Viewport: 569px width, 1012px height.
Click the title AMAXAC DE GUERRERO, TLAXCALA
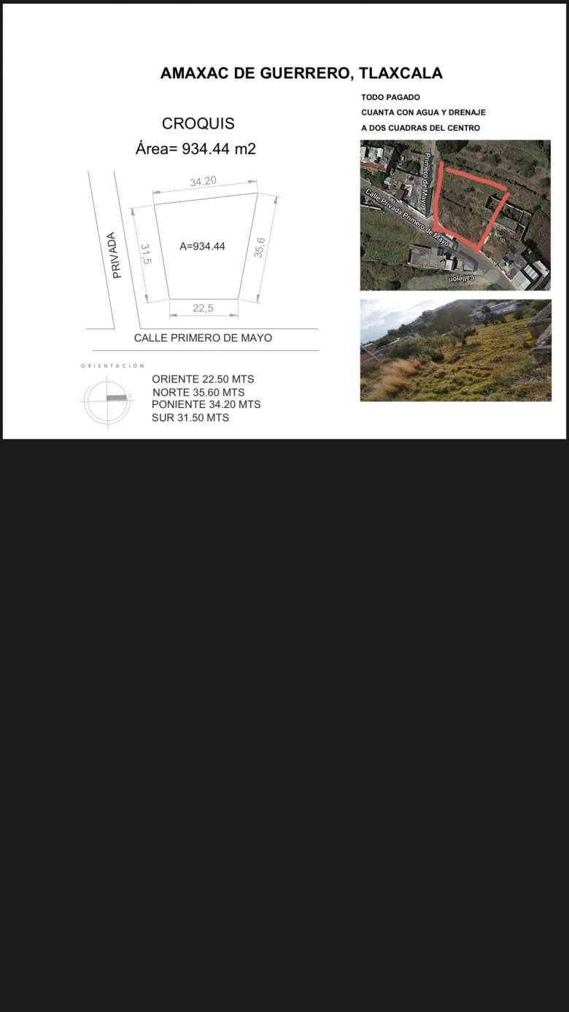[301, 74]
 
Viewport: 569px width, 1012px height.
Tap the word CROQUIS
[198, 123]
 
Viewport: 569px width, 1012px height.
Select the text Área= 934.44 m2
[196, 149]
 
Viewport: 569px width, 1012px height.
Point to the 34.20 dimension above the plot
[203, 181]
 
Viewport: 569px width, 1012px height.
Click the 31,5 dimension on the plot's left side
[145, 255]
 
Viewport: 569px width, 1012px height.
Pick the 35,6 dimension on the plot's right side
[260, 247]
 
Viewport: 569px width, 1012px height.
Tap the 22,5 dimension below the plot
[203, 309]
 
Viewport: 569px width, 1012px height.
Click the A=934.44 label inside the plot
[202, 247]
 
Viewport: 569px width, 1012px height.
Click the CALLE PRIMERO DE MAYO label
[203, 339]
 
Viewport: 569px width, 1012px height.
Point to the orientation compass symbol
[107, 399]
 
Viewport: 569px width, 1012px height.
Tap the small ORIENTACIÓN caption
[112, 366]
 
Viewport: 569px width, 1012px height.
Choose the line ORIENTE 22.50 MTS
[203, 379]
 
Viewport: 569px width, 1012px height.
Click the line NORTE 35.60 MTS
[198, 393]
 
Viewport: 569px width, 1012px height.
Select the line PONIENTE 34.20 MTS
[206, 404]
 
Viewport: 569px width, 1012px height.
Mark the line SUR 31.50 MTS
[190, 417]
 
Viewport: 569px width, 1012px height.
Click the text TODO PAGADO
[390, 97]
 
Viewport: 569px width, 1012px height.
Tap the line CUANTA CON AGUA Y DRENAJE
[423, 112]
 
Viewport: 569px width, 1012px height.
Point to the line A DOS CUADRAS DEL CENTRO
[420, 128]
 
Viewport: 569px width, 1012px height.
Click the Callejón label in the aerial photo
[461, 279]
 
